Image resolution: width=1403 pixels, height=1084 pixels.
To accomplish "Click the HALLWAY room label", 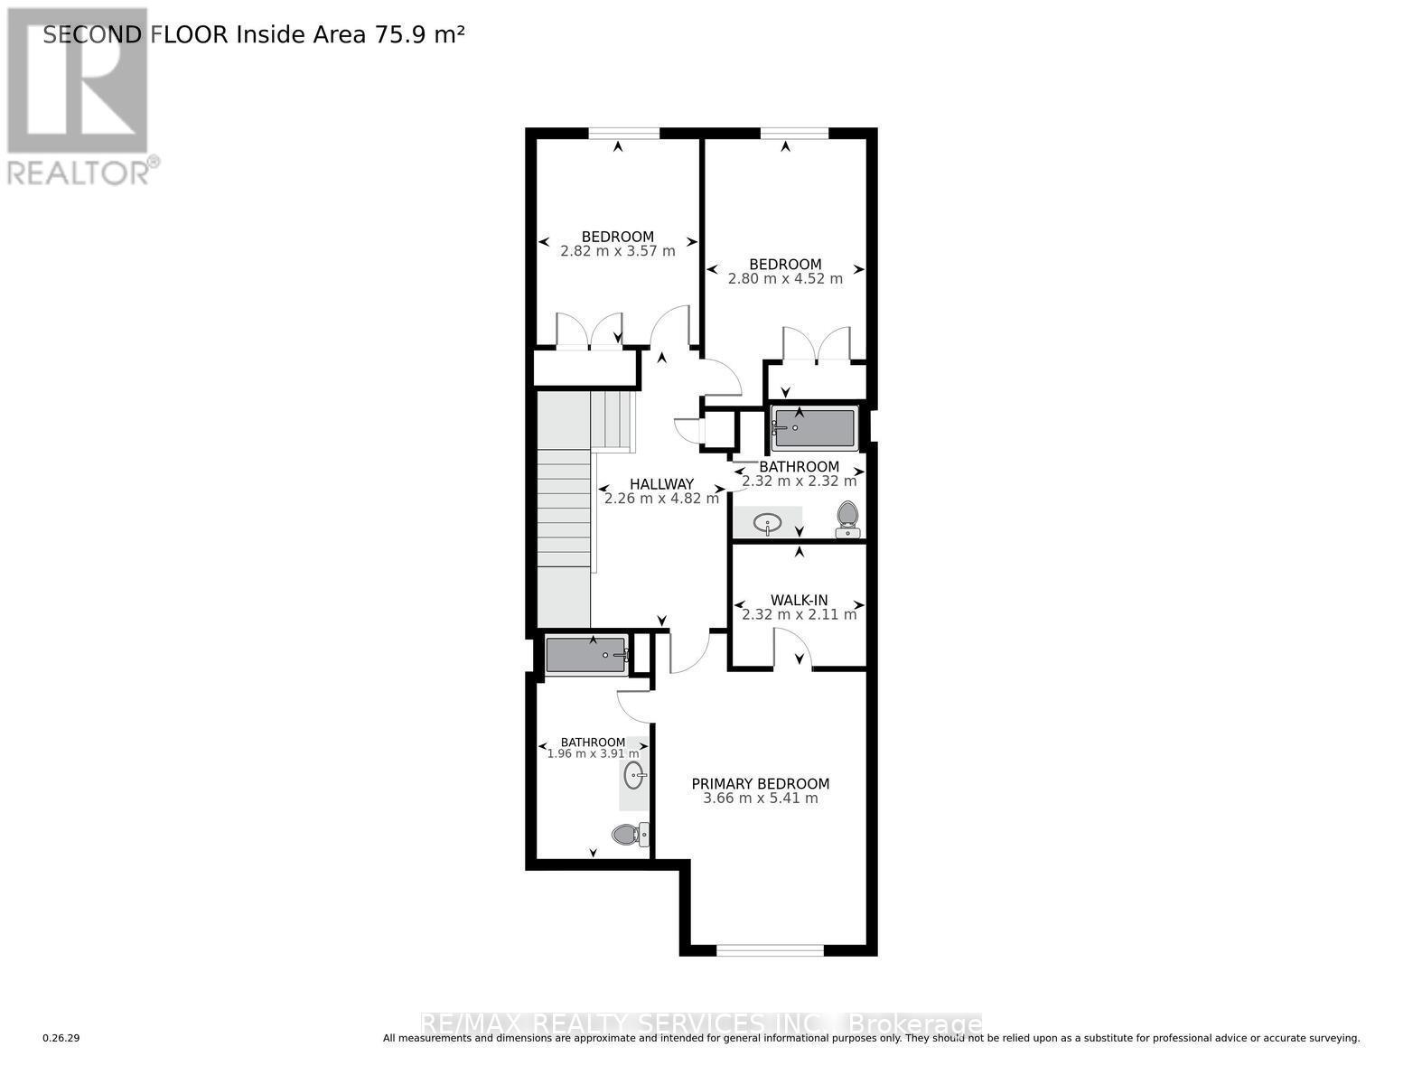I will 661,484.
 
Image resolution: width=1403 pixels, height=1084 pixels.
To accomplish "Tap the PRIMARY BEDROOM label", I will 760,784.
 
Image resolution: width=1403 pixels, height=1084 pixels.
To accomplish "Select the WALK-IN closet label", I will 799,601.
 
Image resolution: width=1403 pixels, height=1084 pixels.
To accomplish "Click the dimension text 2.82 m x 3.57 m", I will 618,251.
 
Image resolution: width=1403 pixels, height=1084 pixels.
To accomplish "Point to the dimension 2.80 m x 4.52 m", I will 785,278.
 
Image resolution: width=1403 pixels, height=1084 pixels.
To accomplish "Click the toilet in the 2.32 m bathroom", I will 846,519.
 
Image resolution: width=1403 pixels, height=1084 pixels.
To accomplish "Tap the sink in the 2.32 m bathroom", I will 767,523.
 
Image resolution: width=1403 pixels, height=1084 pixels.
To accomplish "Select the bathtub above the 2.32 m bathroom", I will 814,428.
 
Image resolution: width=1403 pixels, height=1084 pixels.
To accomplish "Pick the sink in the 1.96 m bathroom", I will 634,774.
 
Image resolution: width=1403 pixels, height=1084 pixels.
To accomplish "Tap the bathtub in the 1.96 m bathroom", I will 586,654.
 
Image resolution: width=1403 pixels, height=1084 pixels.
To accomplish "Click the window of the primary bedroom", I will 770,949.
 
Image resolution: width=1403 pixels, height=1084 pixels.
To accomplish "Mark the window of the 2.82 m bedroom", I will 623,134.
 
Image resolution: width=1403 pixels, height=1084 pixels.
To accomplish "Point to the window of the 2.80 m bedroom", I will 794,134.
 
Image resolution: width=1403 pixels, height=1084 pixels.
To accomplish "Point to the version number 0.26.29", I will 61,1038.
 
